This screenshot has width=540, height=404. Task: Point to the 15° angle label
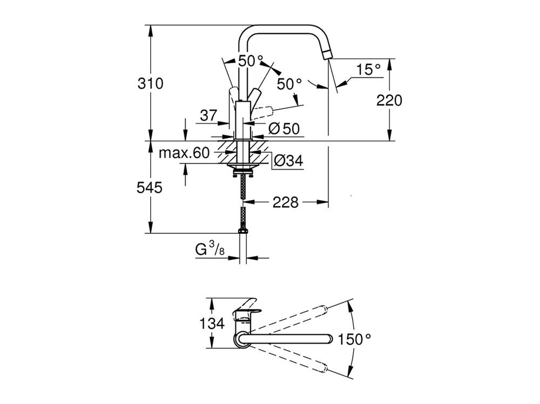tap(368, 69)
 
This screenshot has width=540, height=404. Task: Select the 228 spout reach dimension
tap(285, 203)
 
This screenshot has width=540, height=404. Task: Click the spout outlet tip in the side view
tap(327, 54)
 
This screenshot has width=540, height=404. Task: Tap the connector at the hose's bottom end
tap(244, 231)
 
